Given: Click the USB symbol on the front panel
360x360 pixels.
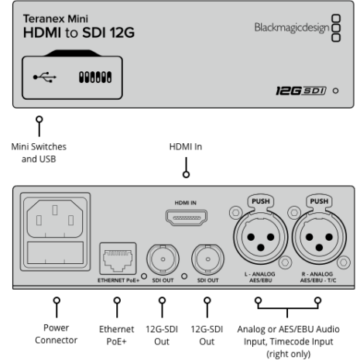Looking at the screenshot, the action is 45,77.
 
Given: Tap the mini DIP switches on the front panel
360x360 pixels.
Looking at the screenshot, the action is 95,77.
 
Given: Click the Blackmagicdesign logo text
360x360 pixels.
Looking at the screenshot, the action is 292,28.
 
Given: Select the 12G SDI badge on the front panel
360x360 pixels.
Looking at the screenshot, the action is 301,91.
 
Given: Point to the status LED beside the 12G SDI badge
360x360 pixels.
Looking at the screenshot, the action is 335,91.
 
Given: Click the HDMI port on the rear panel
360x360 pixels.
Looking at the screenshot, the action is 187,218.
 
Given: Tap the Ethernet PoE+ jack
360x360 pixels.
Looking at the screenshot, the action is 118,259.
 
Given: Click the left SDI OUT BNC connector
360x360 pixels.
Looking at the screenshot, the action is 163,259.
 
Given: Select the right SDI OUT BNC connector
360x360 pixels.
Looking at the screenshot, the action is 207,259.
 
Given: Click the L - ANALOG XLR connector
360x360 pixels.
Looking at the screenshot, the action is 261,238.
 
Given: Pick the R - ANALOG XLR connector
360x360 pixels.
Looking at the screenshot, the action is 319,238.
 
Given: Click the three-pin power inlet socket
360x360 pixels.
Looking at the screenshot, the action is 55,218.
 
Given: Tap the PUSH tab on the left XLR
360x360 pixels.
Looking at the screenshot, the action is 261,201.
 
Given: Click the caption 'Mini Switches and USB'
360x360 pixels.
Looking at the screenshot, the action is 39,153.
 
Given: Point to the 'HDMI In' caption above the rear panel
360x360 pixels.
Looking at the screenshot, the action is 186,146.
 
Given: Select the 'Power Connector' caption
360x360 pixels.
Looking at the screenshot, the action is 56,334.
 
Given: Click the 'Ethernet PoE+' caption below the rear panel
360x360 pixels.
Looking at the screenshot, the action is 117,335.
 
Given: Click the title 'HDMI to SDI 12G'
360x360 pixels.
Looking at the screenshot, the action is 79,33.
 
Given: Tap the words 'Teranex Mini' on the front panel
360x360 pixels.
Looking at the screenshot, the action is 56,19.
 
